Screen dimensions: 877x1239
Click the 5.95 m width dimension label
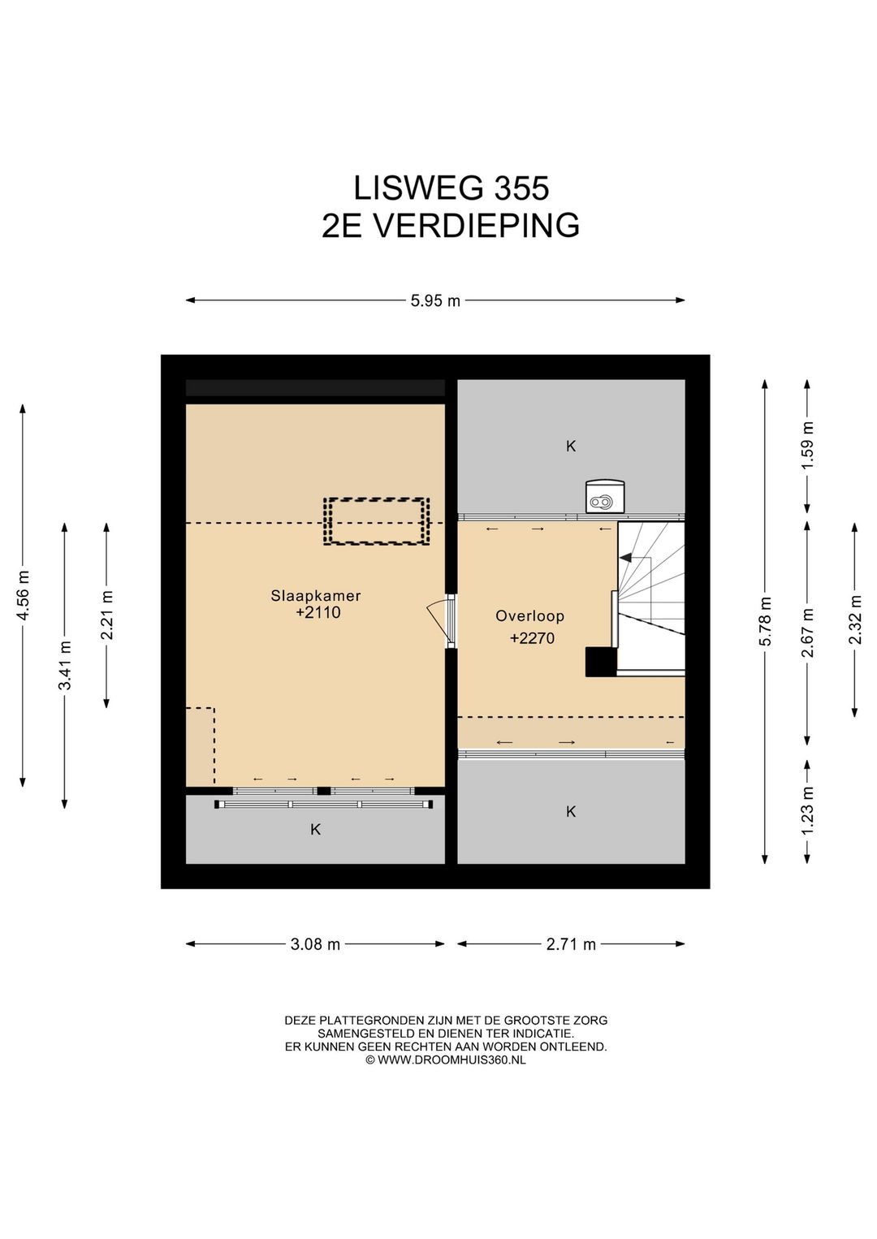point(435,301)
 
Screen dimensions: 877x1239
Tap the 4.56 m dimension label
point(24,595)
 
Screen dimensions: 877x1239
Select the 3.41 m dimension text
point(65,665)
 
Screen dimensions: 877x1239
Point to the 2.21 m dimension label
point(107,615)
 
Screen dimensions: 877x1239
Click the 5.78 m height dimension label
point(765,621)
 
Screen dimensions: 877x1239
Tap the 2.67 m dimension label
point(808,632)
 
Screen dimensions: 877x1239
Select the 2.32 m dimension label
point(855,619)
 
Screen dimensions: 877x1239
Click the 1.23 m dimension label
point(808,811)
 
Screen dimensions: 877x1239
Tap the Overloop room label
point(529,616)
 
